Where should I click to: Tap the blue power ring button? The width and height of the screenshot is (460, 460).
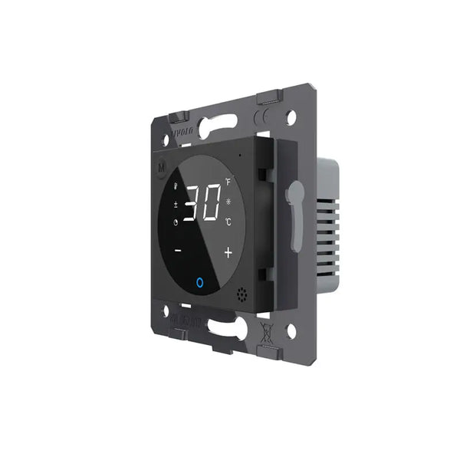click(200, 283)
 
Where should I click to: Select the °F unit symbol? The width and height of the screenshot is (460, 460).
click(228, 182)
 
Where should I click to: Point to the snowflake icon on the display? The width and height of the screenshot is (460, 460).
click(228, 202)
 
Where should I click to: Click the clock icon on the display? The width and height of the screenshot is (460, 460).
click(176, 223)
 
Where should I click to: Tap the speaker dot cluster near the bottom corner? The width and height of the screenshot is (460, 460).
click(244, 294)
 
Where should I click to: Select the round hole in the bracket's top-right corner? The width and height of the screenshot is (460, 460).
click(291, 117)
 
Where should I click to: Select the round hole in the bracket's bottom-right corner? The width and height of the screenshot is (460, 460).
click(291, 330)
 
